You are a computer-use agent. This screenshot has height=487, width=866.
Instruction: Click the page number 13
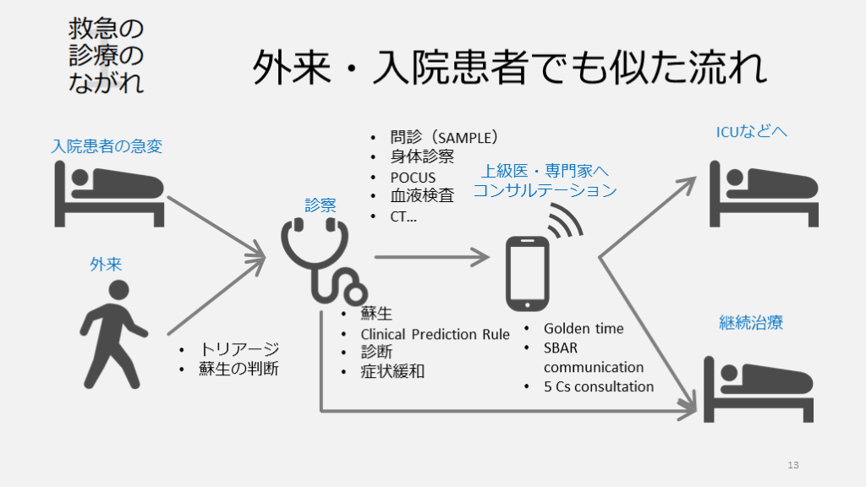[792, 465]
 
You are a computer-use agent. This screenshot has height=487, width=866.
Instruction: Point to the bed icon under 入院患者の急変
[110, 192]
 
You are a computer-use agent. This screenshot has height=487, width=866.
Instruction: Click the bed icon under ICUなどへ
[764, 192]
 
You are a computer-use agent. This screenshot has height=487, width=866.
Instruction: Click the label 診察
[321, 205]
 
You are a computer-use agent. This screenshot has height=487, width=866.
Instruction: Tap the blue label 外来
[106, 265]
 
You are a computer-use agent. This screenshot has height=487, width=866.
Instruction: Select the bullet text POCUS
[413, 178]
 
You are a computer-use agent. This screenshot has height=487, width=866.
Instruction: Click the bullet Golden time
[584, 329]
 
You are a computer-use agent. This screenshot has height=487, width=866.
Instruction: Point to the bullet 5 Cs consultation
[599, 386]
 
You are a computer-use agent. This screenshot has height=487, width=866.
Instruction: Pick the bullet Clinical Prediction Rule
[435, 334]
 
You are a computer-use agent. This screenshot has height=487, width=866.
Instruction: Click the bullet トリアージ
[239, 349]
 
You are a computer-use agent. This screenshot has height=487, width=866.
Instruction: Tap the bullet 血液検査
[422, 196]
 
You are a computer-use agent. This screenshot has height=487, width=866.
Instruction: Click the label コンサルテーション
[545, 191]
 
